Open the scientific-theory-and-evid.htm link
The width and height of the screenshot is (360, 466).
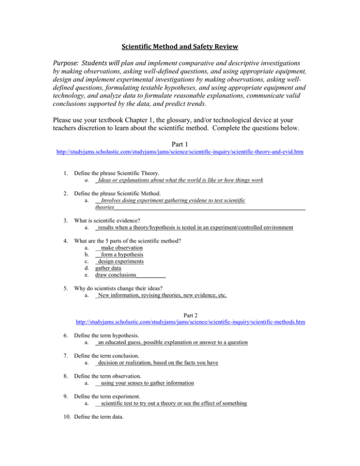pyautogui.click(x=180, y=139)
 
